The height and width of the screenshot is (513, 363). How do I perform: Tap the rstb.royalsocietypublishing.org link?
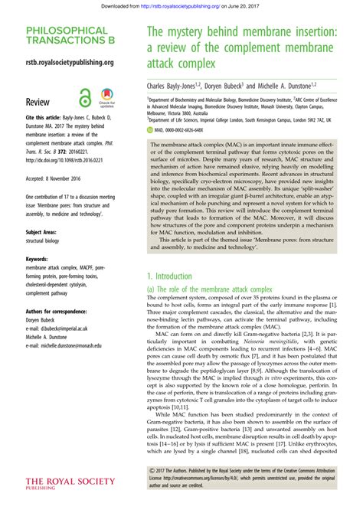70,62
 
